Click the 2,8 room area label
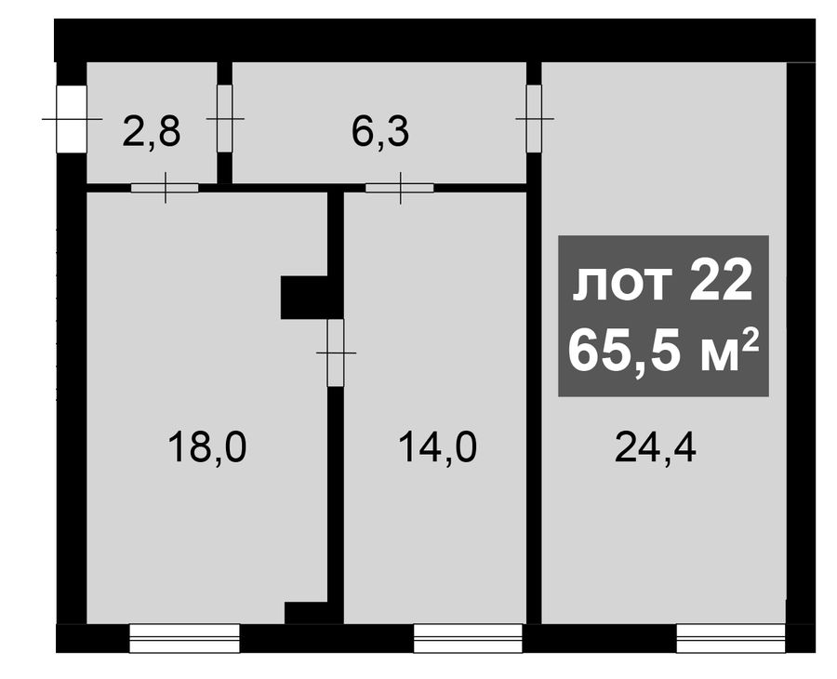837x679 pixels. (x=152, y=132)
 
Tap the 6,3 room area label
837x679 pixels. (x=380, y=132)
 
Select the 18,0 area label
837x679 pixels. (x=207, y=447)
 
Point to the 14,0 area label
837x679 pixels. (x=437, y=447)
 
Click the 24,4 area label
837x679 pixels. (x=656, y=447)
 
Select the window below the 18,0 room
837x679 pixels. (x=185, y=638)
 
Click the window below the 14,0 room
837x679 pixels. (x=468, y=638)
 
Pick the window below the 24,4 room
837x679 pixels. (x=731, y=638)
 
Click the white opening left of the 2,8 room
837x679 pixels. (x=72, y=118)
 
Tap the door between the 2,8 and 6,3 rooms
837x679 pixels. (x=225, y=118)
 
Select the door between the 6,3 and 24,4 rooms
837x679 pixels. (x=535, y=118)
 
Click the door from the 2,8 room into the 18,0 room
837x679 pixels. (x=165, y=188)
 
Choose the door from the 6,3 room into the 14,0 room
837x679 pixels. (x=399, y=188)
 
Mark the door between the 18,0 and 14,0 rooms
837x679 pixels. (x=336, y=353)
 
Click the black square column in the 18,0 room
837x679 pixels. (x=304, y=298)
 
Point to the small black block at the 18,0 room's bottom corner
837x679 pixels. (x=306, y=613)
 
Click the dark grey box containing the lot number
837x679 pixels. (x=663, y=316)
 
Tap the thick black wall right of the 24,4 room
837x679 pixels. (x=801, y=342)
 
